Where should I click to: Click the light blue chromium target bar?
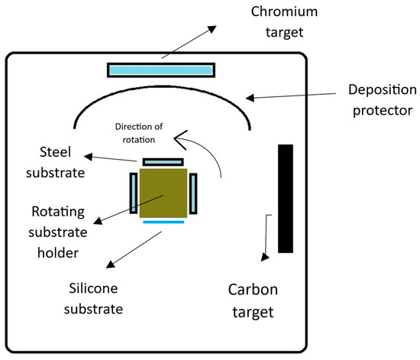tap(160, 70)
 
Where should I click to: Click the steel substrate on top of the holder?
tap(163, 162)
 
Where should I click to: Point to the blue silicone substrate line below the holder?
tap(163, 222)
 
